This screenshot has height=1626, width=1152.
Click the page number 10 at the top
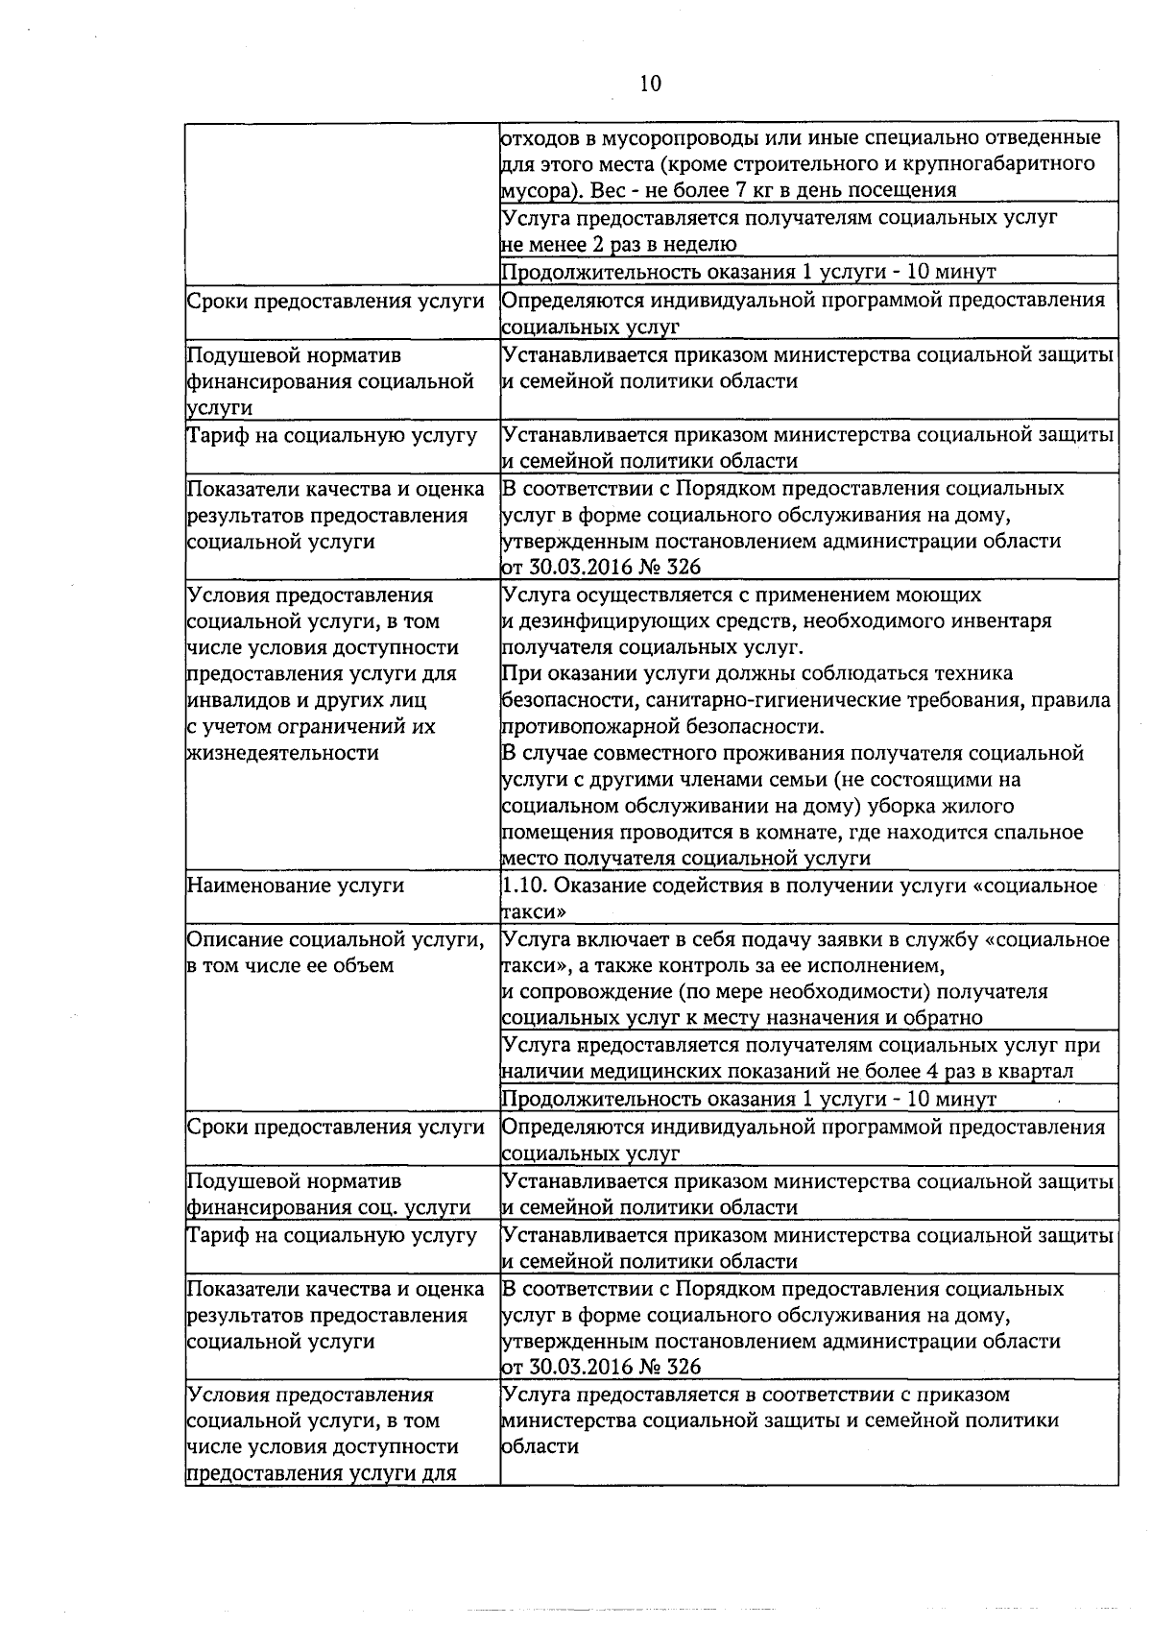coord(650,85)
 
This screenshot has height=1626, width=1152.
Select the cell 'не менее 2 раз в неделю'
coord(619,244)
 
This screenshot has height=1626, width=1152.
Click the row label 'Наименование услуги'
coord(296,886)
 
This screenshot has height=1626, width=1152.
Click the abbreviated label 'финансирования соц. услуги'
coord(328,1207)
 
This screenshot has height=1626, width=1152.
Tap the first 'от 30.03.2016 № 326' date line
coord(601,567)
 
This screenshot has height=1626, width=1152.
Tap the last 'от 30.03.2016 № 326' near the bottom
coord(601,1367)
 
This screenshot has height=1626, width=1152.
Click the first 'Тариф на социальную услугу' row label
coord(331,435)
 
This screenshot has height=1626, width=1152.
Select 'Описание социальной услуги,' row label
coord(335,939)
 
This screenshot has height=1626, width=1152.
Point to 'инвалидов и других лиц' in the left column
coord(306,700)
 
